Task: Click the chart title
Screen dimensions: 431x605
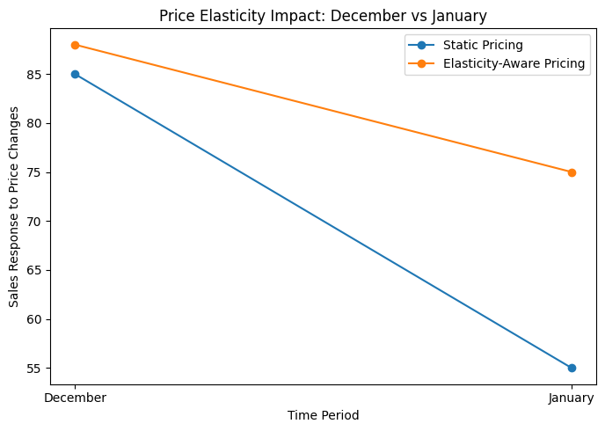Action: [x=323, y=15]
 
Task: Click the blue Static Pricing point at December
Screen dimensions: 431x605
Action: [x=75, y=74]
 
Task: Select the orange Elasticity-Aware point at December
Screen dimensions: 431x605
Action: [x=75, y=45]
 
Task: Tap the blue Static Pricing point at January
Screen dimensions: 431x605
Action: [x=572, y=368]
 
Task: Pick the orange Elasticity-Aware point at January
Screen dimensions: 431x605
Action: [x=572, y=172]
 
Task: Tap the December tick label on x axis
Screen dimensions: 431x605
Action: [x=75, y=398]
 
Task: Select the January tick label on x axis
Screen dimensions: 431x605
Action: [x=572, y=398]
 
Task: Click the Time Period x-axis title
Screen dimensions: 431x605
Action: [x=323, y=415]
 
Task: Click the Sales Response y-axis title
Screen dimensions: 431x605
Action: [x=14, y=208]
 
